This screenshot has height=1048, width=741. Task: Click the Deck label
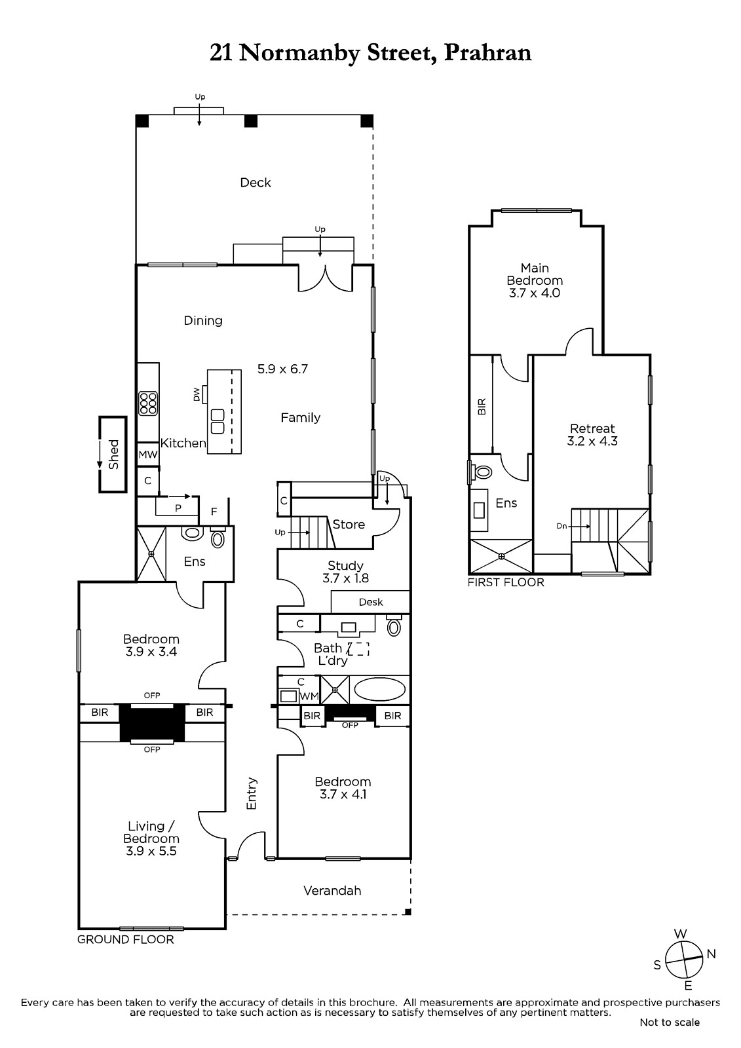[255, 183]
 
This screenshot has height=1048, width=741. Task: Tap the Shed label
[114, 455]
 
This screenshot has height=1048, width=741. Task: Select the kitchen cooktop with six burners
[148, 403]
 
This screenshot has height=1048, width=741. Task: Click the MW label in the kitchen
[148, 455]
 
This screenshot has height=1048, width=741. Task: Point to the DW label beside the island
[197, 394]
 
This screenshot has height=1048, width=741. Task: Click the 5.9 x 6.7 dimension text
[282, 369]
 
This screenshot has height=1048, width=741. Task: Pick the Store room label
[349, 525]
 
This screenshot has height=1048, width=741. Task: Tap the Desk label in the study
[371, 602]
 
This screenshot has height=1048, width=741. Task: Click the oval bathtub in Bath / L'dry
[379, 690]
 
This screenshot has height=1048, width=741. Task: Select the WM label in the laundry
[309, 696]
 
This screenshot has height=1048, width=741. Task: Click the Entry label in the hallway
[252, 793]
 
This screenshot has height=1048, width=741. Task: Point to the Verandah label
[332, 890]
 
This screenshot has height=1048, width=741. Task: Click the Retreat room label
[592, 428]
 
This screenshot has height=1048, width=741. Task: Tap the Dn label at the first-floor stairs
[561, 526]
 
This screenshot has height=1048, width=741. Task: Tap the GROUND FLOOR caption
[125, 939]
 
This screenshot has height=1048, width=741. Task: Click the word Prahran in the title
[487, 53]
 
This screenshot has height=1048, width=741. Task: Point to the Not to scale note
[670, 1022]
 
